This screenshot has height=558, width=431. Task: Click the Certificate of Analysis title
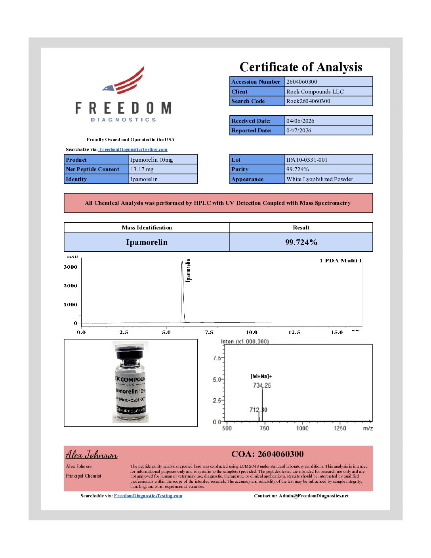[301, 67]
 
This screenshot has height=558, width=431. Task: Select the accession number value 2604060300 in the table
[302, 82]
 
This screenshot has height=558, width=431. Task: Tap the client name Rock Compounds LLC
[315, 92]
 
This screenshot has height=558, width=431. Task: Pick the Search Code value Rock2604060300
[308, 101]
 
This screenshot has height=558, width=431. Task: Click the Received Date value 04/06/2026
[300, 121]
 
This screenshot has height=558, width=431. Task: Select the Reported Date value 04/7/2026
[299, 130]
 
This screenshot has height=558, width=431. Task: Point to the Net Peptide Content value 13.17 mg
[142, 169]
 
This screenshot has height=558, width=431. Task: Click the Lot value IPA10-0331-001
[307, 160]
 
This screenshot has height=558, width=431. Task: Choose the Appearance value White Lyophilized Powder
[320, 179]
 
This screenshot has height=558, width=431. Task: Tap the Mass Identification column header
[147, 227]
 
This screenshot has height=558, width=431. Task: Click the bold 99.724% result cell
[301, 242]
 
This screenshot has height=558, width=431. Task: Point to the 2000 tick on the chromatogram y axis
[71, 286]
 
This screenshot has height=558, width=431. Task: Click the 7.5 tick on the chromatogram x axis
[209, 332]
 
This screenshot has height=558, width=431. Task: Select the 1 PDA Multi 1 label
[341, 260]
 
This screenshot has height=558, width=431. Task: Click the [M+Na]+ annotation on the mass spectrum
[261, 376]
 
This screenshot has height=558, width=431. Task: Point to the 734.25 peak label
[262, 385]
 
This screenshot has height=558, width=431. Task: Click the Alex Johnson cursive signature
[92, 455]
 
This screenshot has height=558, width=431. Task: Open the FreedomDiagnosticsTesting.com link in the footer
[148, 496]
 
